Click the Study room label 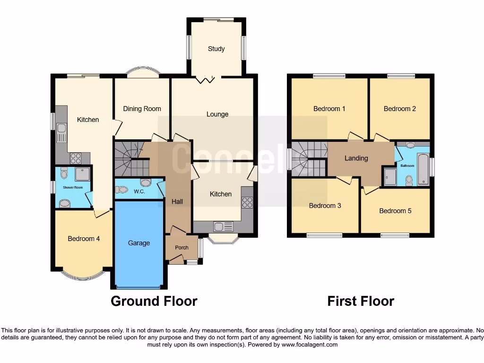[x=216, y=49]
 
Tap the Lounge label [x=217, y=114]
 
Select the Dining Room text [x=142, y=109]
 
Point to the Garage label [x=138, y=243]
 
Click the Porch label [x=181, y=248]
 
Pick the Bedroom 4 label [x=84, y=239]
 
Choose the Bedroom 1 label [x=329, y=109]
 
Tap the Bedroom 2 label [x=399, y=109]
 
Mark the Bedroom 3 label [x=325, y=206]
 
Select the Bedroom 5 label [x=395, y=211]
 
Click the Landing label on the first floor [x=356, y=158]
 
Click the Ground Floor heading [x=154, y=301]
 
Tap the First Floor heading [x=360, y=301]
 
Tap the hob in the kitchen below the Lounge [x=247, y=202]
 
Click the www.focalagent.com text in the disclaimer [x=310, y=345]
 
